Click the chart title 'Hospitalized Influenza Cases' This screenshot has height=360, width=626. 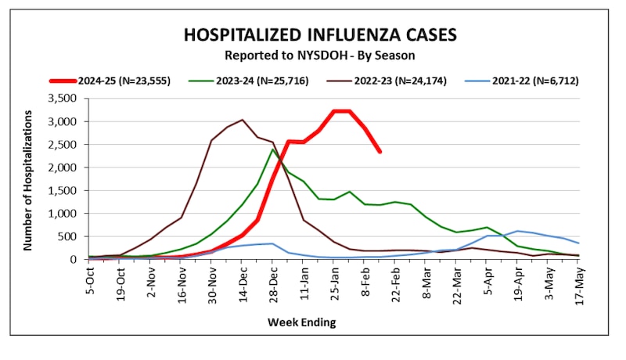320,35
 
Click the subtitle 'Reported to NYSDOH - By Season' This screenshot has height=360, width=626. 320,56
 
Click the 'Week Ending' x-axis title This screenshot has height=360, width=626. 302,322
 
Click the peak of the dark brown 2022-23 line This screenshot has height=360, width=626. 242,120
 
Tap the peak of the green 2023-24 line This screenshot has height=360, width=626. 272,149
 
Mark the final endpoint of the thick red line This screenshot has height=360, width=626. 380,151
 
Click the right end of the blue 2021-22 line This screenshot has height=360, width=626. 579,243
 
